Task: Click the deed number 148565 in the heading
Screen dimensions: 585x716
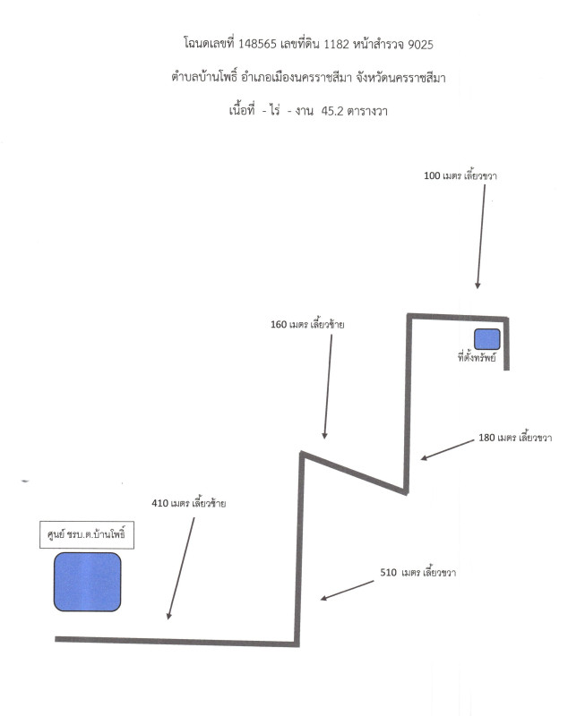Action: (257, 44)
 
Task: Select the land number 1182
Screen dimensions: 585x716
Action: (336, 44)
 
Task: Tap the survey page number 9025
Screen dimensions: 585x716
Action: (420, 44)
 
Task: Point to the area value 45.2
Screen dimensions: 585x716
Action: (332, 111)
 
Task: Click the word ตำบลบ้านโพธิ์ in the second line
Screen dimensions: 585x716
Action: (204, 77)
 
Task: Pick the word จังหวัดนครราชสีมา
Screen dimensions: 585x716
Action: (400, 77)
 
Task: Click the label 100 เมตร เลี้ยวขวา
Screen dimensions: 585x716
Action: (460, 175)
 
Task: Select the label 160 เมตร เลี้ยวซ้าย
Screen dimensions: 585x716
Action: (307, 324)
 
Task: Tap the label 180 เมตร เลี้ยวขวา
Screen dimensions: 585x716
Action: (515, 438)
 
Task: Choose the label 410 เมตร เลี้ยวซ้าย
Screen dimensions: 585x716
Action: (189, 503)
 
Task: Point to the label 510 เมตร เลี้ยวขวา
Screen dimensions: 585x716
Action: (417, 572)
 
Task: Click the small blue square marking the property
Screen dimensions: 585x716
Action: (486, 339)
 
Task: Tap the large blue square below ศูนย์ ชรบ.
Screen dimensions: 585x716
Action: (87, 582)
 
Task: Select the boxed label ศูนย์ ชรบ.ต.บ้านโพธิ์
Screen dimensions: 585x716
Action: (87, 534)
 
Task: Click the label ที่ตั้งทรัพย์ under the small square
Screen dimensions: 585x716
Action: (477, 356)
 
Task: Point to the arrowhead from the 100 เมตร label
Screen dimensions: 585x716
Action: (477, 286)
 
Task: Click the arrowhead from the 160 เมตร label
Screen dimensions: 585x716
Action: (324, 436)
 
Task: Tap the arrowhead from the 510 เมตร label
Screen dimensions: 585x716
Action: (323, 598)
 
